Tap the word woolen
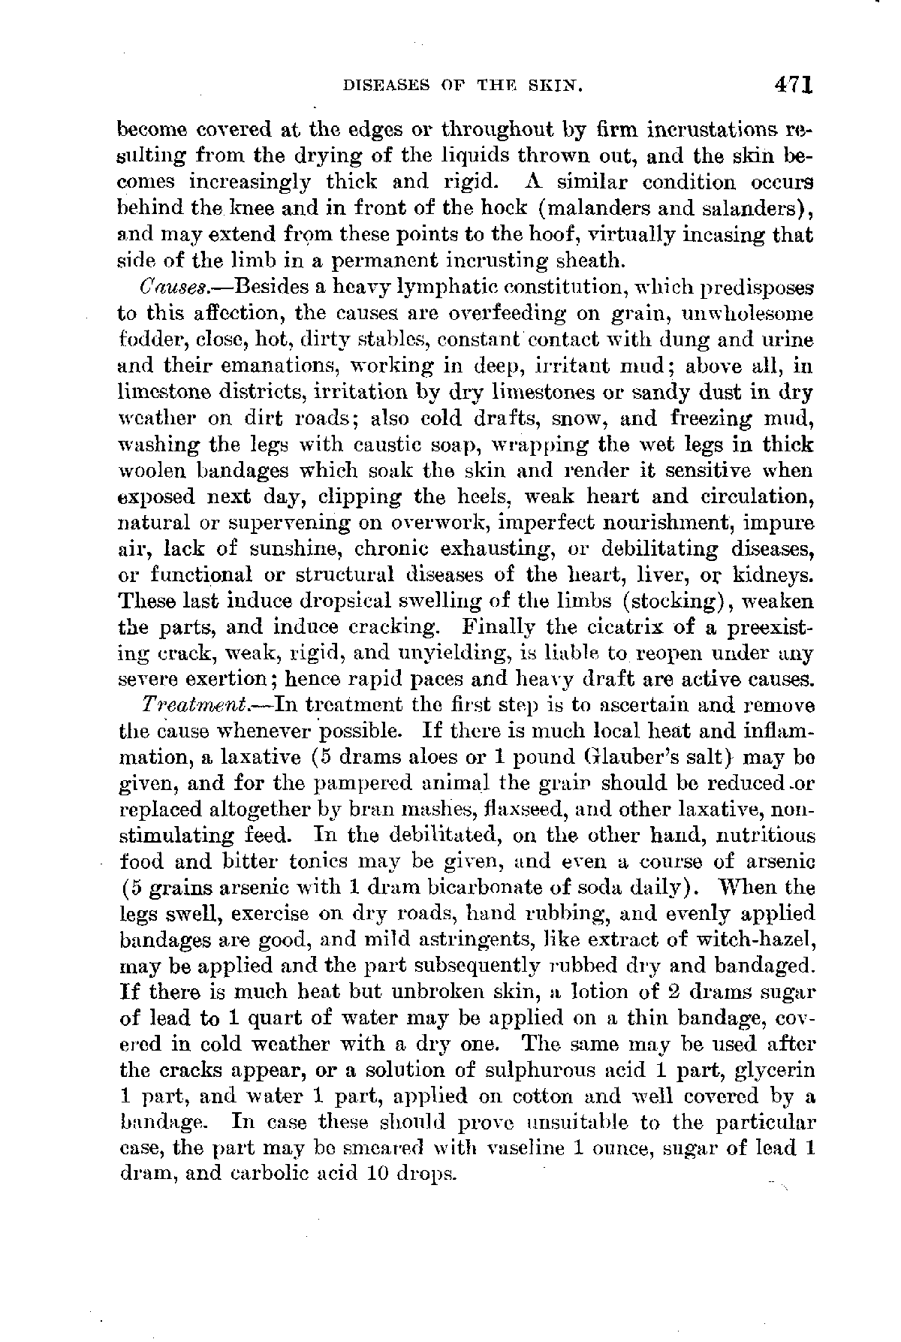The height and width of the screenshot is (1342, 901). coord(152,471)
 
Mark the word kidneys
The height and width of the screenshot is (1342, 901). coord(774,576)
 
